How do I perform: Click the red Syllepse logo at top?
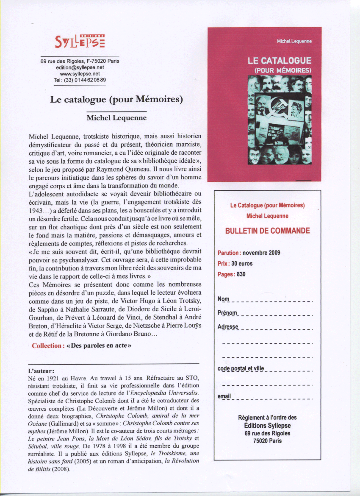tap(80, 42)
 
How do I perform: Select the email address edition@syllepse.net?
tap(80, 67)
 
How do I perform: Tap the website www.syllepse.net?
tap(80, 73)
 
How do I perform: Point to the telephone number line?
tap(80, 80)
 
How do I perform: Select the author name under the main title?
tap(116, 118)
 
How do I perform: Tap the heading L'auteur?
tap(41, 371)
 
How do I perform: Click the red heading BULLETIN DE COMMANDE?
tap(267, 231)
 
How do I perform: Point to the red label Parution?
tap(229, 253)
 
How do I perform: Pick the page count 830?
tap(241, 274)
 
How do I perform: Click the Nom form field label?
tap(223, 299)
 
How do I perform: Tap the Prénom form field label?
tap(227, 313)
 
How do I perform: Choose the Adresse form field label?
tap(228, 327)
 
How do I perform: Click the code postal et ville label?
tap(241, 368)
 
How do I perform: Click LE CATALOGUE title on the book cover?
tap(280, 61)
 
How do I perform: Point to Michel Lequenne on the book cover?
tap(294, 41)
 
